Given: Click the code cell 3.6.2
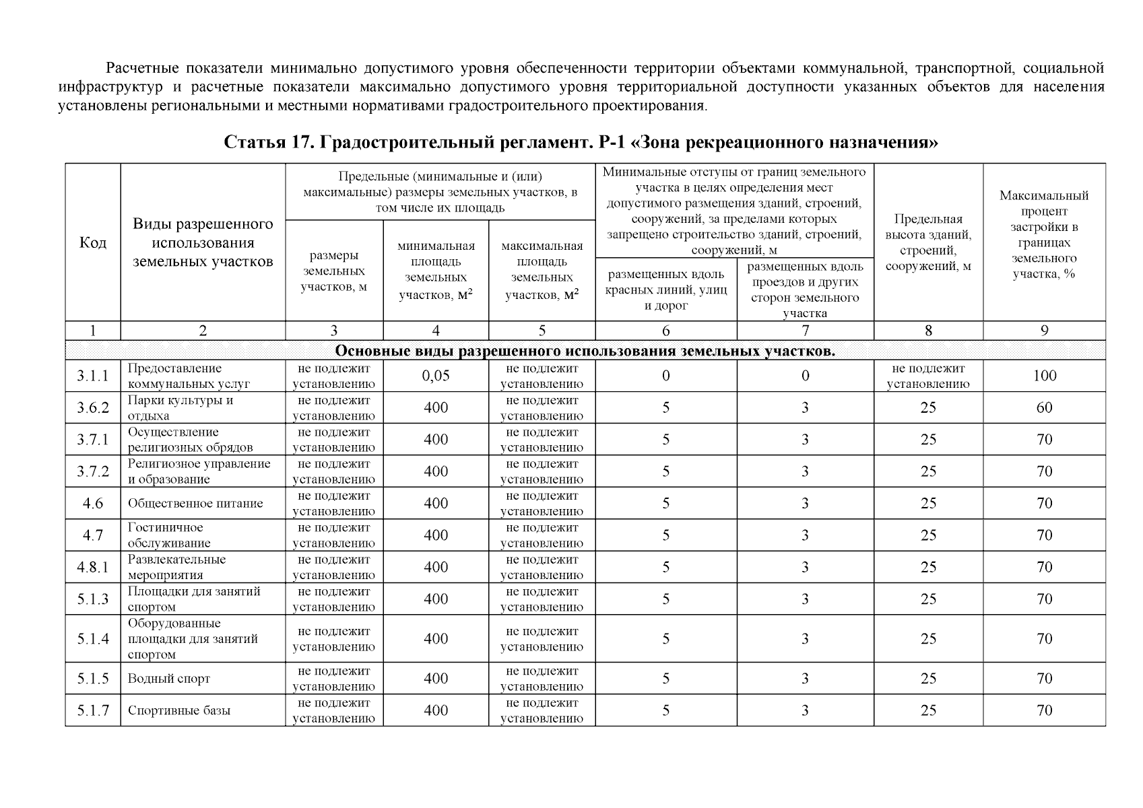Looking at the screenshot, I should [92, 407].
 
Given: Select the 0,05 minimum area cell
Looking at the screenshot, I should [436, 376].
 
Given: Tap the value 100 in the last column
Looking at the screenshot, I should [1044, 376].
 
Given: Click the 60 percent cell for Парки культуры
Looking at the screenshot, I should [1044, 407].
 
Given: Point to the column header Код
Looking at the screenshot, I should [92, 243].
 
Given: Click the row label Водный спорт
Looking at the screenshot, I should [169, 679].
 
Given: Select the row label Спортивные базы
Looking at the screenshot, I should [179, 710].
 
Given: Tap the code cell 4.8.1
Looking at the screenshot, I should [92, 567].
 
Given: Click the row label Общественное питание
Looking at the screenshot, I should [195, 504].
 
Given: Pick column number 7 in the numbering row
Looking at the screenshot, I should [805, 331].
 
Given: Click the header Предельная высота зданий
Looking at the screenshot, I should [928, 242].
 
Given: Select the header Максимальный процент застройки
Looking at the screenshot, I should [1044, 234].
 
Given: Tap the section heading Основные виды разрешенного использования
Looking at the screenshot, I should [585, 351].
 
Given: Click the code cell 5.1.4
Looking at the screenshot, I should [92, 639].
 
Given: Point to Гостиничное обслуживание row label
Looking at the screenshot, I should [169, 535].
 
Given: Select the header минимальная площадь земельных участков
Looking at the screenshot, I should [436, 270].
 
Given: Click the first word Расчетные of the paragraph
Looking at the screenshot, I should [142, 68].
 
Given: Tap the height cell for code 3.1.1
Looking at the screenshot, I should [928, 376].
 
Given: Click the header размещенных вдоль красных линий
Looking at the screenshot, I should [666, 290].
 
